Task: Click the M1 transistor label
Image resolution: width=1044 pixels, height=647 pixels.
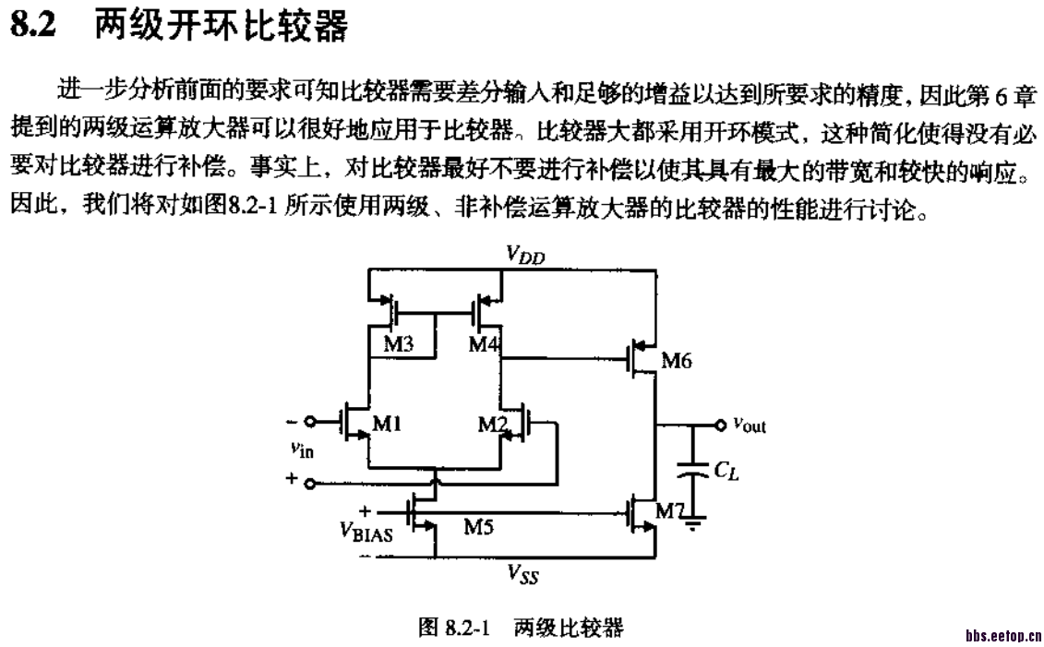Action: coord(386,424)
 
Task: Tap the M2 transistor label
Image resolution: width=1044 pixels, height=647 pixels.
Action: coord(493,424)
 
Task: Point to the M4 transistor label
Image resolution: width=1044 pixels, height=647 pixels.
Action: coord(484,344)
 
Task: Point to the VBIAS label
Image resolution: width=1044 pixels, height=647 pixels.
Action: coord(366,531)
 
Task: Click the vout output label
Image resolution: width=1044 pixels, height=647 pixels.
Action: coord(750,425)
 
